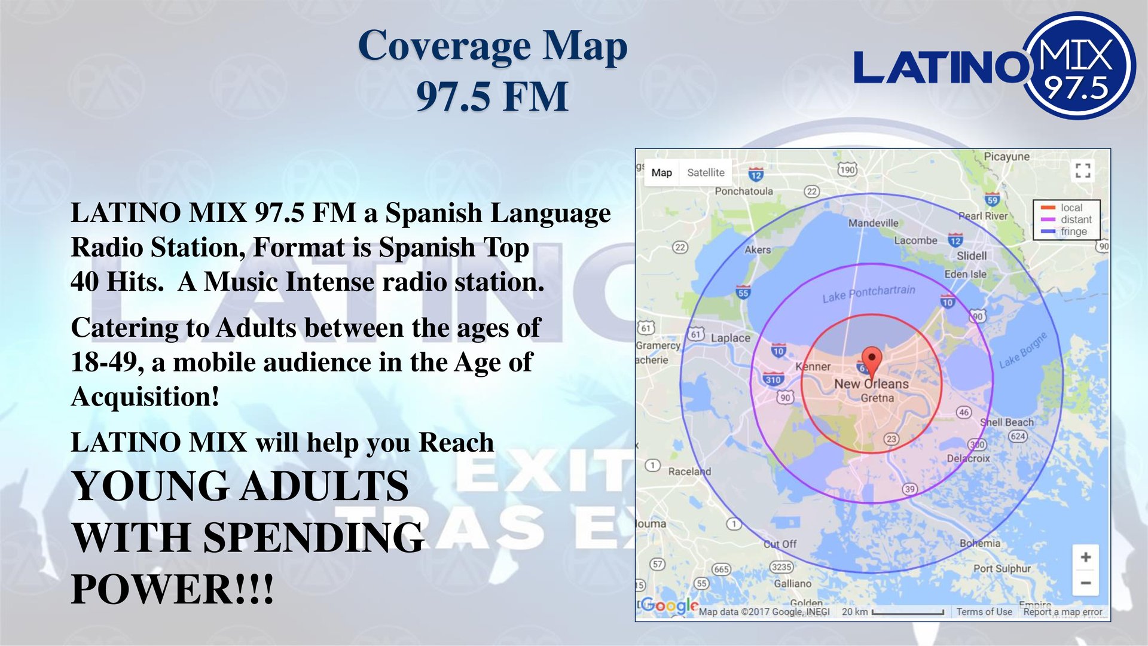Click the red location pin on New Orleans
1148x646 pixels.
click(872, 359)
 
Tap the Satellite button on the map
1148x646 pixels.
click(706, 173)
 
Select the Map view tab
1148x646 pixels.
click(661, 173)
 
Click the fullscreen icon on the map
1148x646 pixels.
click(1083, 170)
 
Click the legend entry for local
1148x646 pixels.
click(1071, 208)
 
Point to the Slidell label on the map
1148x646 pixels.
click(972, 255)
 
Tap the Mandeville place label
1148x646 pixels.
click(873, 223)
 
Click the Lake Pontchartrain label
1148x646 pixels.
click(868, 294)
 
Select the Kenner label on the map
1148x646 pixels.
click(813, 367)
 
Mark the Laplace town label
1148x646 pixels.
click(730, 338)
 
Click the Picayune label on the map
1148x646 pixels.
click(1006, 157)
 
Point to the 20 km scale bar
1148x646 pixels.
click(908, 612)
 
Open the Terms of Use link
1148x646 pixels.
click(984, 612)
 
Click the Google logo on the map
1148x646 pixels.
click(670, 605)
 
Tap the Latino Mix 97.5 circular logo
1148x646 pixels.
click(1079, 66)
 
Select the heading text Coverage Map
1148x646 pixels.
click(492, 46)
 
